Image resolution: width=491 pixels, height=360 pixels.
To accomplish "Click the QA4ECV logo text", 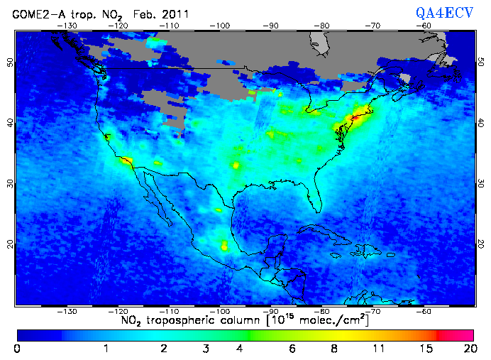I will [446, 12].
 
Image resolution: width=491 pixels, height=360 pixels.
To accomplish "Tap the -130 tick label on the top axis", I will [67, 26].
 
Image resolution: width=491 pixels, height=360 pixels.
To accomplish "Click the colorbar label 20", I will [468, 349].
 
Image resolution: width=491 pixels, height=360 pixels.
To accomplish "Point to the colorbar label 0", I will [17, 349].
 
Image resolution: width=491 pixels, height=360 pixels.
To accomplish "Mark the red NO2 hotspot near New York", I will [352, 116].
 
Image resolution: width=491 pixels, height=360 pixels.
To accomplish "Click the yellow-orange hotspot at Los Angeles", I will [126, 162].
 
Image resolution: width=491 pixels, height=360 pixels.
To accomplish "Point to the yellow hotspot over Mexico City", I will [225, 246].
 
